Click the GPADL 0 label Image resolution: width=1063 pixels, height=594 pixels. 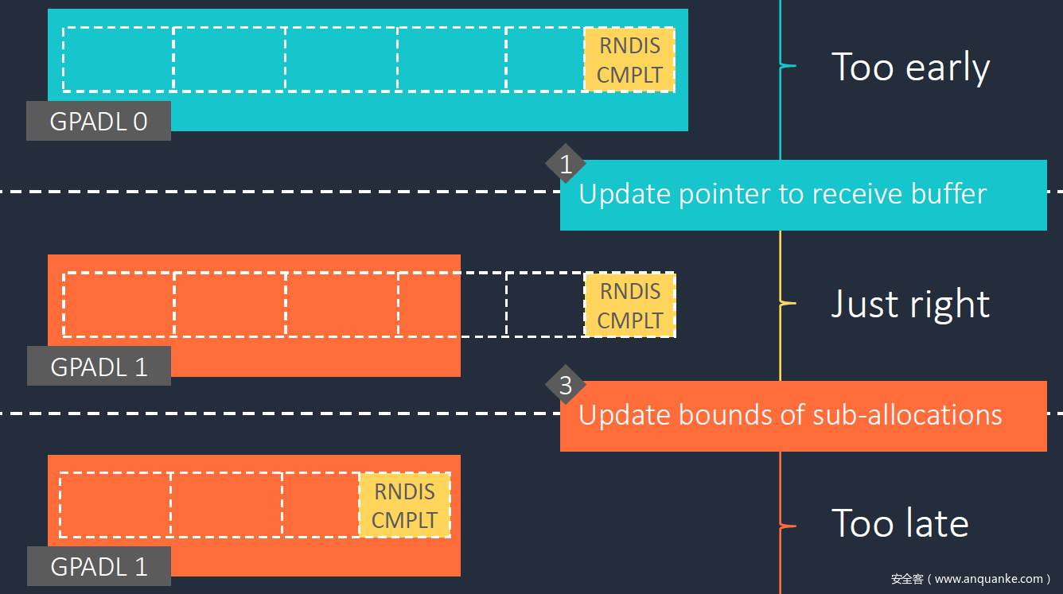[99, 121]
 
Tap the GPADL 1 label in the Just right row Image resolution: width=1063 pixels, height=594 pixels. [99, 367]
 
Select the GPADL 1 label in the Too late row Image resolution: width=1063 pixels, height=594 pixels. [99, 566]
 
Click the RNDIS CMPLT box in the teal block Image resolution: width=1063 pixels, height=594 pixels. [629, 60]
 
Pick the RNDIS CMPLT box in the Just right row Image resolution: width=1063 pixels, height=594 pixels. [629, 305]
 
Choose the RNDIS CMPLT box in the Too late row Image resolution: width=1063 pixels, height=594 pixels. [405, 505]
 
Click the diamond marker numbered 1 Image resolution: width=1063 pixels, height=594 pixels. [566, 165]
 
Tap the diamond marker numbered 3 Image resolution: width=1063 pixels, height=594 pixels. [566, 386]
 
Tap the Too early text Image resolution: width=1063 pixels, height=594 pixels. [910, 67]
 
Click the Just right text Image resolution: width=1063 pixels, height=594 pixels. [910, 304]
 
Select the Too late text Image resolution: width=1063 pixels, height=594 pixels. [900, 523]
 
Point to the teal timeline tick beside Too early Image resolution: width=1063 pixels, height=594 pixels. [787, 66]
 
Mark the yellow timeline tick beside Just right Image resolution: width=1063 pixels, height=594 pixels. [787, 303]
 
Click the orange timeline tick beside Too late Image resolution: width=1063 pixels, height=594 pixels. [787, 526]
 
